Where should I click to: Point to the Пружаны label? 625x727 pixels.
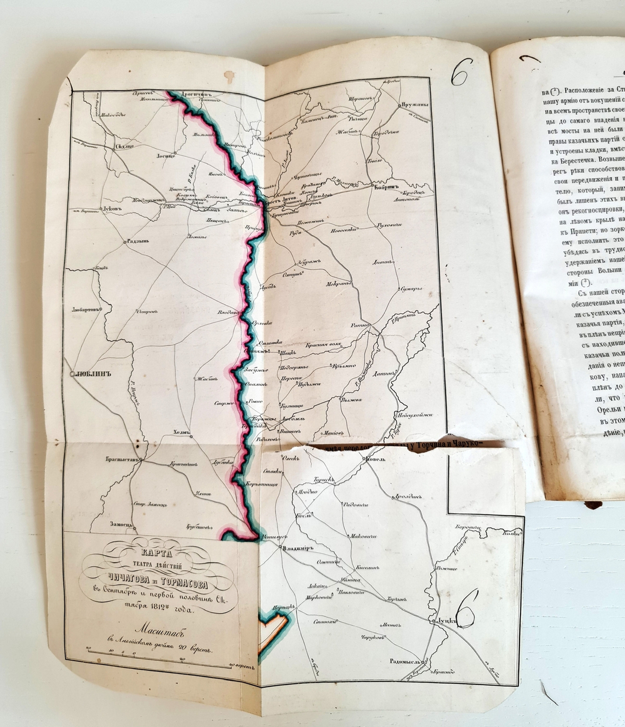pos(412,99)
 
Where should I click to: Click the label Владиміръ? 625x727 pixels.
pos(297,548)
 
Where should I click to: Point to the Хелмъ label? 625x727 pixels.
pos(180,433)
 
